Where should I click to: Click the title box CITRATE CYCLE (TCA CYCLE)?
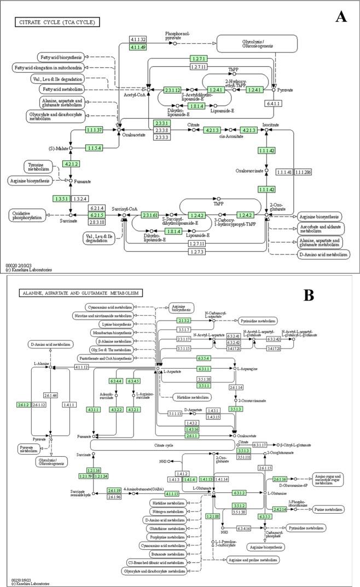(x=57, y=22)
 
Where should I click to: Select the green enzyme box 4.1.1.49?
(x=138, y=48)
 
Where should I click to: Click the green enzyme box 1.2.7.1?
(x=199, y=59)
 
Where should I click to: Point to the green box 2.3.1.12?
(x=173, y=90)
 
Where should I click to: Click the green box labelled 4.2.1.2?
(x=71, y=164)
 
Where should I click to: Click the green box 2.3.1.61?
(x=149, y=215)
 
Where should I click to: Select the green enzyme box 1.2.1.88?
(x=213, y=516)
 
